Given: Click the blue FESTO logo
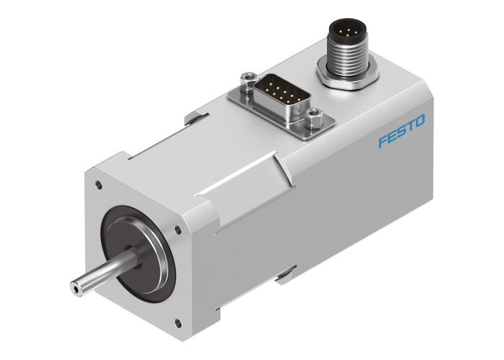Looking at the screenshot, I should [x=402, y=130].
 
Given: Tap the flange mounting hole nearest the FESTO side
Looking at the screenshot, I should [x=178, y=230].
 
